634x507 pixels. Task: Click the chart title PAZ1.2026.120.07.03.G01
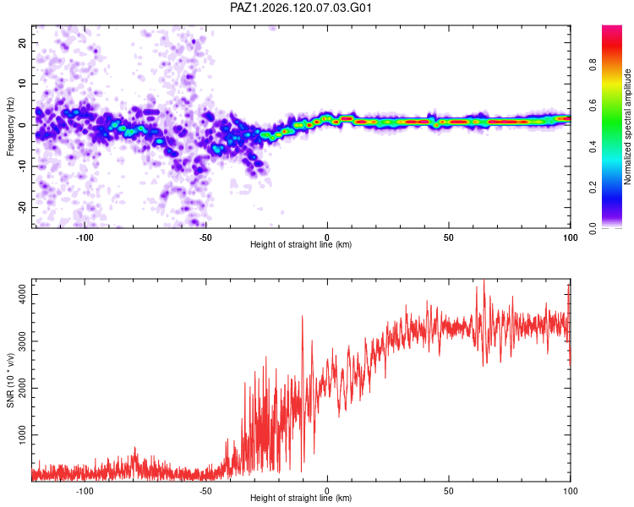[x=301, y=8]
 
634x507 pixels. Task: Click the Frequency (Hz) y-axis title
[x=10, y=127]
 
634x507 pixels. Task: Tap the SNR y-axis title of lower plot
[x=10, y=380]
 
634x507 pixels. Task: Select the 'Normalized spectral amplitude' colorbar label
[x=627, y=127]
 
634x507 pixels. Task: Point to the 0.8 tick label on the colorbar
[x=593, y=65]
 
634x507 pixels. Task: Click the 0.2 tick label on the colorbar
[x=593, y=188]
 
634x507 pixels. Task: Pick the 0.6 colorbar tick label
[x=593, y=106]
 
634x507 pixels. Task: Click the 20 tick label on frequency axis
[x=23, y=43]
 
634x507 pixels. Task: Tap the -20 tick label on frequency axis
[x=23, y=208]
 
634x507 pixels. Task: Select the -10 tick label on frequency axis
[x=23, y=166]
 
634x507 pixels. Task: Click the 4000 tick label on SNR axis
[x=23, y=294]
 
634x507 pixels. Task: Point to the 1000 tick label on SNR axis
[x=23, y=435]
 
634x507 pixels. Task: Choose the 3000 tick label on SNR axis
[x=23, y=341]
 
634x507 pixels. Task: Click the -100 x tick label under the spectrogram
[x=84, y=237]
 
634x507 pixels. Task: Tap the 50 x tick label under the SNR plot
[x=448, y=491]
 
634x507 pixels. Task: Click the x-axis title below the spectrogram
[x=301, y=244]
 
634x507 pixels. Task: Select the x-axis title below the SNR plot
[x=301, y=498]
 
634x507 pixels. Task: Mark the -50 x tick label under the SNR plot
[x=205, y=491]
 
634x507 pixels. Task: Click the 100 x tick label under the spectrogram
[x=570, y=237]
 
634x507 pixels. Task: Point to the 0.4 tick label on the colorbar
[x=593, y=146]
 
